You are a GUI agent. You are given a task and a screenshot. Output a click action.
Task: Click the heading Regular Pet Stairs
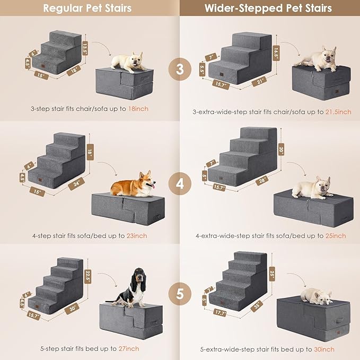point(87,8)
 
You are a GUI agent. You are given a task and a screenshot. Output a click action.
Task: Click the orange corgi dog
point(133,185)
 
